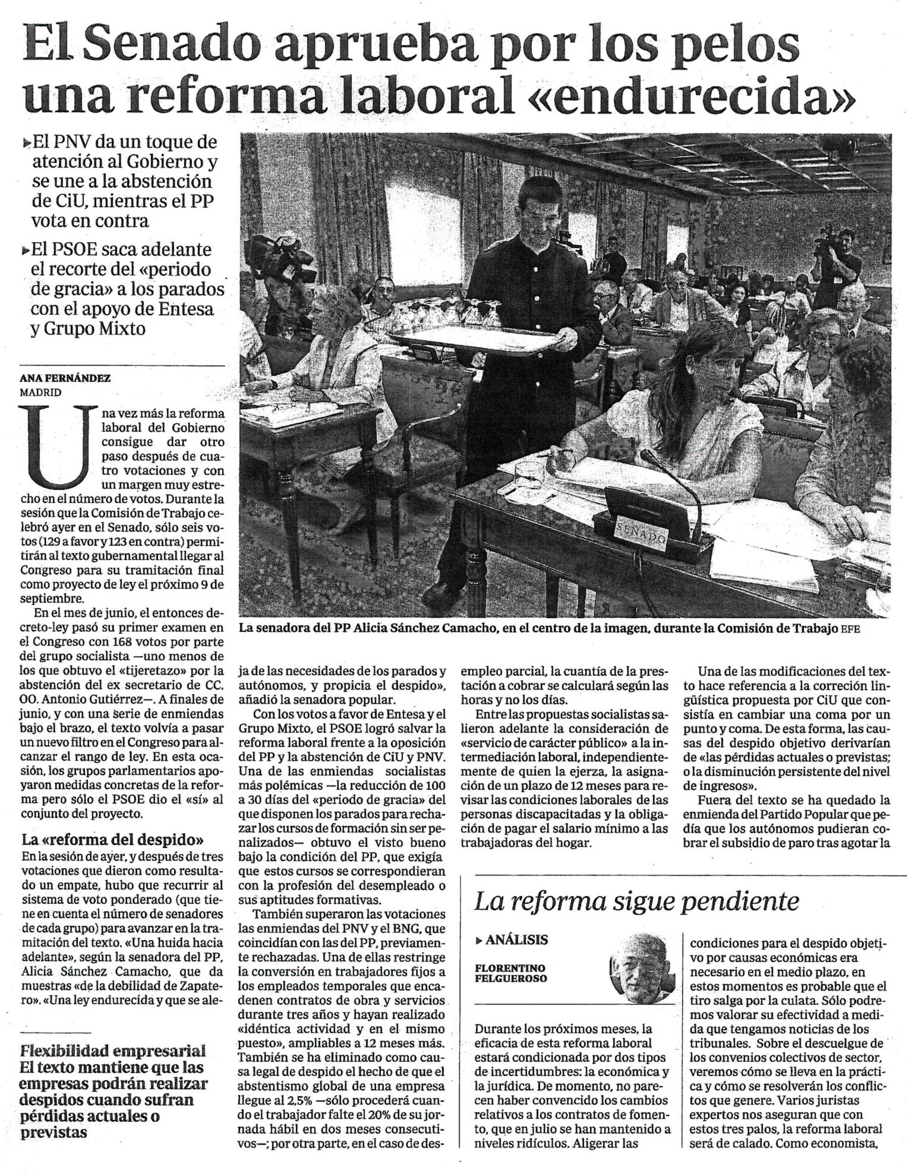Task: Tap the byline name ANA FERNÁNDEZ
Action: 65,378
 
